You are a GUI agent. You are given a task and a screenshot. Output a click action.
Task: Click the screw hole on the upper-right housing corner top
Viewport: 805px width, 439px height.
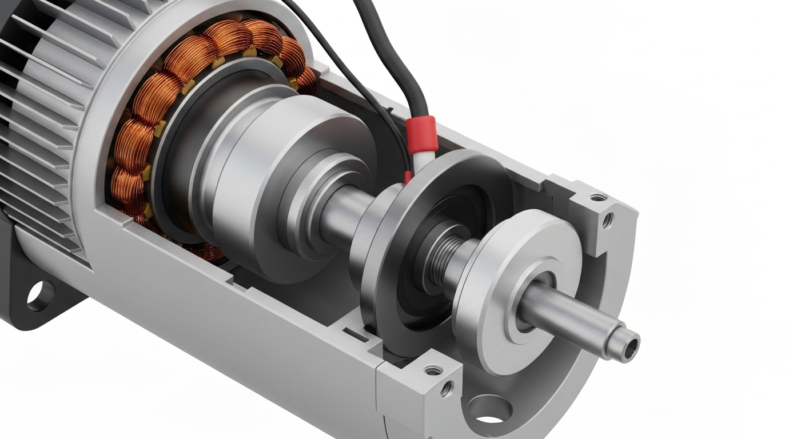tap(598, 197)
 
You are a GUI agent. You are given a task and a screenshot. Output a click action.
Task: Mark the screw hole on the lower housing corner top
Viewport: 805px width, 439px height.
tap(433, 370)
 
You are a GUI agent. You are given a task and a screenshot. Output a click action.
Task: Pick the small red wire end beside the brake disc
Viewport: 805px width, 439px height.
tap(408, 177)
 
